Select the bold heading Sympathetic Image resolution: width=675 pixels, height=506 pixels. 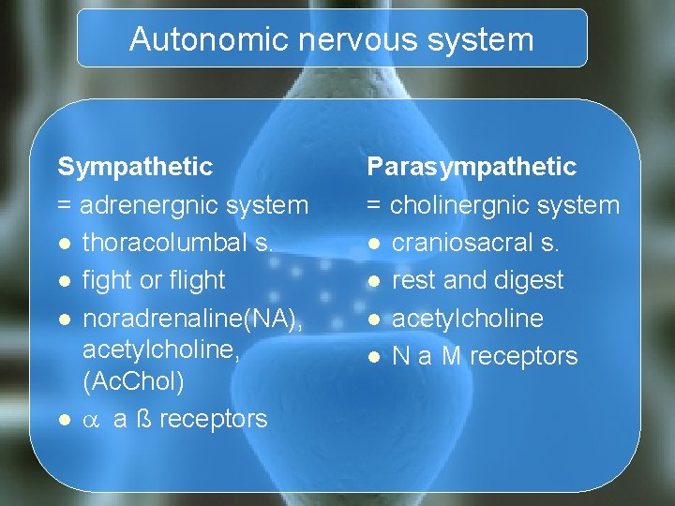coord(136,167)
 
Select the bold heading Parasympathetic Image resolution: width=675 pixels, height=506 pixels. coord(472,167)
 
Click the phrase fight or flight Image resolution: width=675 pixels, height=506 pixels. coord(154,280)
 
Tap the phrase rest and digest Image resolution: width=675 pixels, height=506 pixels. coord(477,280)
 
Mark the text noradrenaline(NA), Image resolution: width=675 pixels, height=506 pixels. coord(192,319)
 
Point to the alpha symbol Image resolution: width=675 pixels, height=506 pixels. coord(92,420)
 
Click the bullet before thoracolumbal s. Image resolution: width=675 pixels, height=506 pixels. coord(63,244)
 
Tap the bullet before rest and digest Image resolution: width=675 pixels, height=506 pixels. coord(372,281)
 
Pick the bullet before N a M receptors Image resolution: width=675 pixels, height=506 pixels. coord(372,357)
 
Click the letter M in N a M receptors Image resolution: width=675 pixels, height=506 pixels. coord(451,356)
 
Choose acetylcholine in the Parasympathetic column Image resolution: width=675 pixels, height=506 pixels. coord(467,319)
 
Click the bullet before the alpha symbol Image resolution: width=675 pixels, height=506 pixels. coord(63,420)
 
